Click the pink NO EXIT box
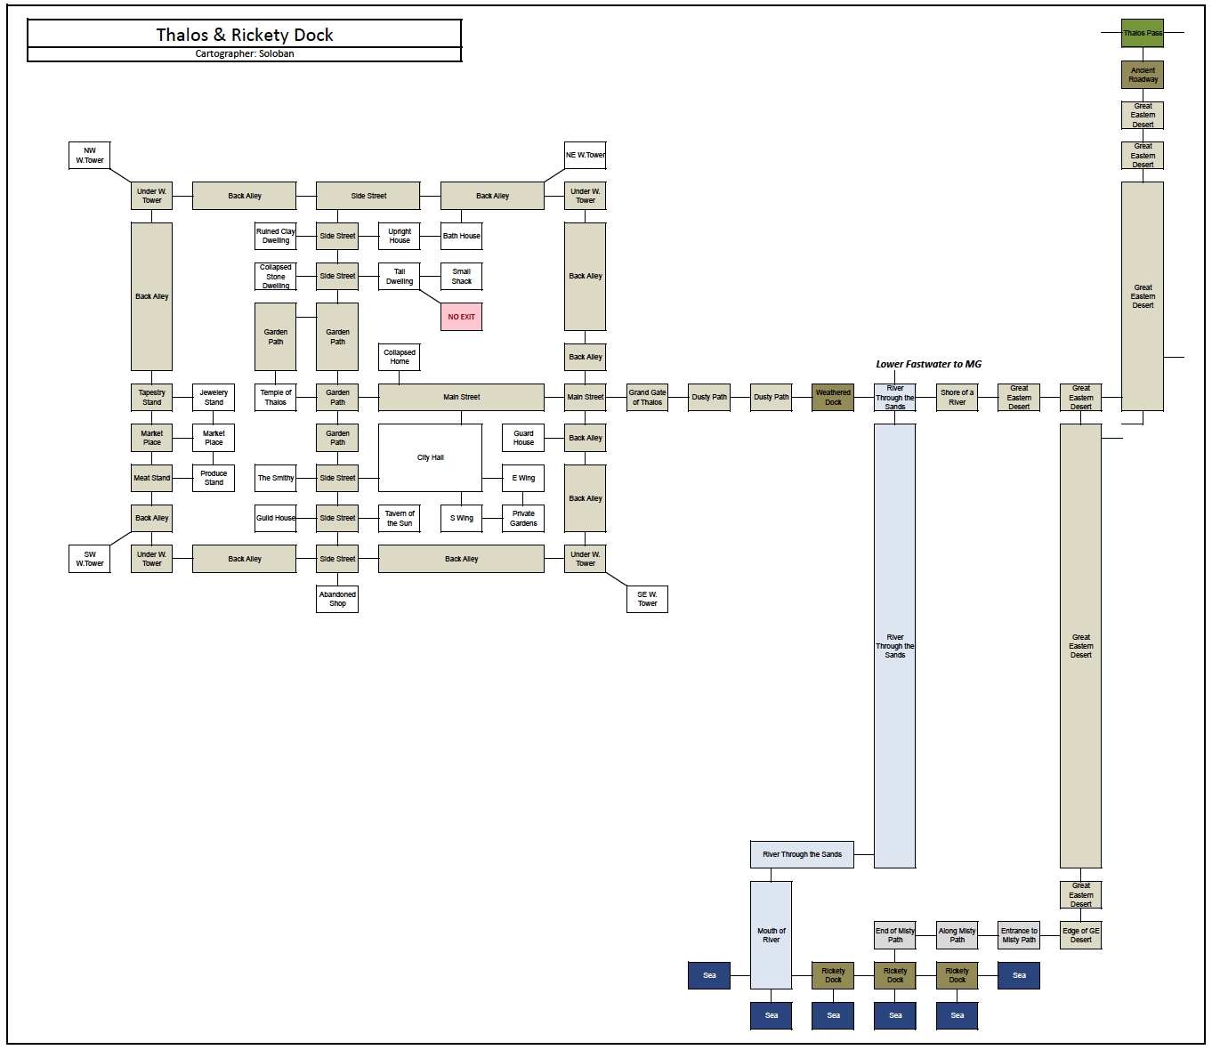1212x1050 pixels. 462,317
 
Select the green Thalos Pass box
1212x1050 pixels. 1143,33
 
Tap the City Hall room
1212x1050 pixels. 431,457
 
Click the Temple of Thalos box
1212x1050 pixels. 276,398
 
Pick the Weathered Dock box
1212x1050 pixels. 833,398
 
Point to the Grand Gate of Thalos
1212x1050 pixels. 647,398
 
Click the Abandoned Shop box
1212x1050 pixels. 337,599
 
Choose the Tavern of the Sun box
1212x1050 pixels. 400,518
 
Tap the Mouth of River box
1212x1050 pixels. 771,935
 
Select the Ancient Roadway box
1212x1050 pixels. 1143,75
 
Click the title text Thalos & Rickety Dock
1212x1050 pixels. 245,35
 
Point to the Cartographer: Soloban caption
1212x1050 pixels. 245,54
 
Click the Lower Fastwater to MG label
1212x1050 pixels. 928,364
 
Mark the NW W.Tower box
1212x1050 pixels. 90,156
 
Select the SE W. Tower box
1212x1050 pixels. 647,599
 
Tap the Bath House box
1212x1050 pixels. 462,236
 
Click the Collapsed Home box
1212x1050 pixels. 400,357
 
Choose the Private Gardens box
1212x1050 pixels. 523,518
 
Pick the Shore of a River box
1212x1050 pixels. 957,398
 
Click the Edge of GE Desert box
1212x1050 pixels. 1080,935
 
